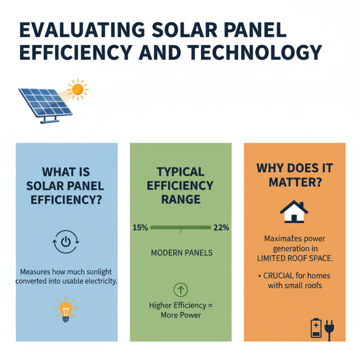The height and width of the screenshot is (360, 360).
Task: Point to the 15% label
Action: (x=140, y=228)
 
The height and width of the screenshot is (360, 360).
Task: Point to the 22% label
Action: (x=221, y=228)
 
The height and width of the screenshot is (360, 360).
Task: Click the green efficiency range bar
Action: (x=180, y=228)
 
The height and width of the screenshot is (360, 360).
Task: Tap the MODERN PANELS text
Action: (x=180, y=253)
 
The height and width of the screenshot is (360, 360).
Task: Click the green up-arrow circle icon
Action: (x=180, y=289)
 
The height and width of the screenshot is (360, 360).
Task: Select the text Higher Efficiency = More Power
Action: (x=180, y=310)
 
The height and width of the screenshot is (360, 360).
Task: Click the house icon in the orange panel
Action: (x=294, y=211)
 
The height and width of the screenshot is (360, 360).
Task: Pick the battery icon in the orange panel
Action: (x=316, y=328)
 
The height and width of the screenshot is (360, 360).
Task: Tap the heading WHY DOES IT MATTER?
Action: (x=294, y=176)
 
